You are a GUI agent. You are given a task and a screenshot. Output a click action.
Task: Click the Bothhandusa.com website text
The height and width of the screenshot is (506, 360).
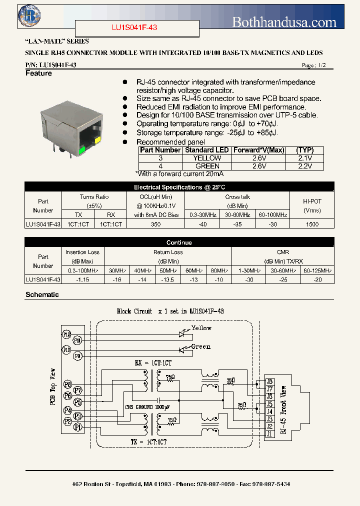pos(284,22)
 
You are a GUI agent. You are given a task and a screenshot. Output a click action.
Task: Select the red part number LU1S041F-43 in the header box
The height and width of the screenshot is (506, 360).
pos(134,28)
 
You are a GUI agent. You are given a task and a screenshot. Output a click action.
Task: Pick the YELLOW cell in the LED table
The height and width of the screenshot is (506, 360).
pos(207,158)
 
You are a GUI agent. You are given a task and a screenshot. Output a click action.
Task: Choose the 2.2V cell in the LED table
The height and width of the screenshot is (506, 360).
pos(304,166)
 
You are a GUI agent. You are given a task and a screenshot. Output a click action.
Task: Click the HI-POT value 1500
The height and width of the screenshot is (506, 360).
pos(311,224)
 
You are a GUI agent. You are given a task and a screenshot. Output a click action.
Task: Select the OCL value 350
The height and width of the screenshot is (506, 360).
pos(155,224)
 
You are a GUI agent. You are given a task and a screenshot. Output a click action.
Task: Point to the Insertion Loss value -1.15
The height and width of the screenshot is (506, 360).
pos(82,279)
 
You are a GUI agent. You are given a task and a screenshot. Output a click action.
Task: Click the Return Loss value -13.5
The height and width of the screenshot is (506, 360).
pos(168,279)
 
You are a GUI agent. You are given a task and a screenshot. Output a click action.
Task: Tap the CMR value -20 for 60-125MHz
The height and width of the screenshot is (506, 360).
pos(317,279)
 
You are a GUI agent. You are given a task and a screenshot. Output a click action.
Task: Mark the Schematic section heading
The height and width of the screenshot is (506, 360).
pos(42,294)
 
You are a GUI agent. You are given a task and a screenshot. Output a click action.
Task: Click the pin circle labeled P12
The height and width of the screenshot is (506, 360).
pos(67,334)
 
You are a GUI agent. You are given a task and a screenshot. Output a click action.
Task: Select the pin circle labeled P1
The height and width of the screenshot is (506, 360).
pos(77,427)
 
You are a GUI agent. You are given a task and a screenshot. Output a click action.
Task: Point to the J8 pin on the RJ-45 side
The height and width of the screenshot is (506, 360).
pos(269,381)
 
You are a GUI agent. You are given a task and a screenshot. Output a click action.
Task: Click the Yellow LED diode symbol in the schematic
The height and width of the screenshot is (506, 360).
pos(182,334)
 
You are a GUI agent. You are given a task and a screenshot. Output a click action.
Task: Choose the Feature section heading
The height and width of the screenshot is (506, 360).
pos(38,73)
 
